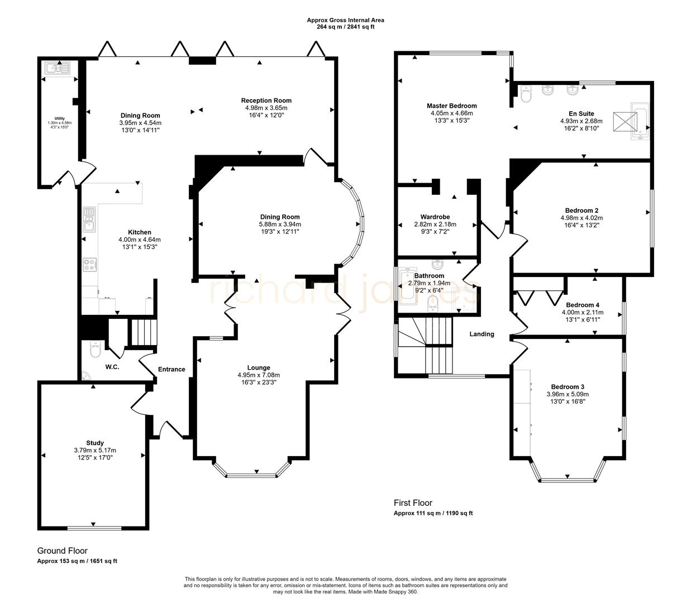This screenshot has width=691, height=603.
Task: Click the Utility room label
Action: tap(60, 118)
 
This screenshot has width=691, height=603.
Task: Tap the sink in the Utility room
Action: tap(58, 69)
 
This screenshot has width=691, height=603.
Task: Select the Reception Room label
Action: tap(266, 100)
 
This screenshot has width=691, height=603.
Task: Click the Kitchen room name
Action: tap(140, 232)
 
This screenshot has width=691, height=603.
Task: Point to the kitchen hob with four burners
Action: tap(89, 264)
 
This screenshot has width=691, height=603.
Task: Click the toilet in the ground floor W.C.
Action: tap(94, 350)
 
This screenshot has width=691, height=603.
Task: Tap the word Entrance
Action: tap(171, 369)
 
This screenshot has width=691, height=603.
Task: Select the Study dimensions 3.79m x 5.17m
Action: tap(95, 450)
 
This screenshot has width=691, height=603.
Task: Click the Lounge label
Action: tap(259, 367)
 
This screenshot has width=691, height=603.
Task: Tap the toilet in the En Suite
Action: tap(525, 95)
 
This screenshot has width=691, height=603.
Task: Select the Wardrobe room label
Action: tap(435, 217)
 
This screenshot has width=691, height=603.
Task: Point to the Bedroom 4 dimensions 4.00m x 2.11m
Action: tap(582, 313)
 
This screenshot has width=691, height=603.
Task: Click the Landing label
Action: tap(482, 334)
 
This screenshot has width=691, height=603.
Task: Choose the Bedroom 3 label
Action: tap(568, 387)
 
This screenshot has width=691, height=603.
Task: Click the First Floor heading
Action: tap(413, 502)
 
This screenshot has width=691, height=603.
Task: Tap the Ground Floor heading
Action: tap(62, 551)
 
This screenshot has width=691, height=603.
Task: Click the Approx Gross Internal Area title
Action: tap(345, 20)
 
